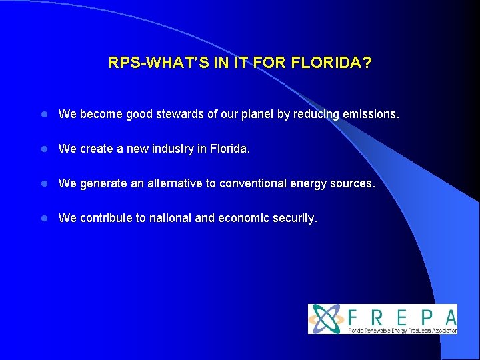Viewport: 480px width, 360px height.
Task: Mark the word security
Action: [294, 218]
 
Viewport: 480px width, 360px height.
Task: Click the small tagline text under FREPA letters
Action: [403, 330]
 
